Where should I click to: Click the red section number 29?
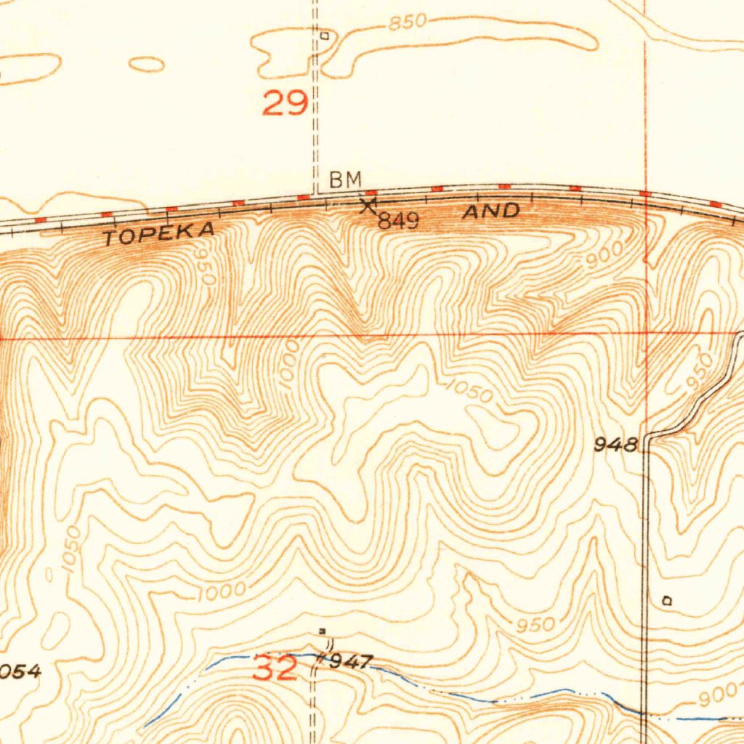[284, 103]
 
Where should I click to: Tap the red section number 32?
[275, 668]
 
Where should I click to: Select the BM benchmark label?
[344, 180]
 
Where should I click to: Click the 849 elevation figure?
[397, 222]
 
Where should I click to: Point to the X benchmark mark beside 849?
[368, 206]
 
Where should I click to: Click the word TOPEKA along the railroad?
[159, 235]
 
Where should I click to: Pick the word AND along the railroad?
[492, 212]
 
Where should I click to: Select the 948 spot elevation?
[615, 444]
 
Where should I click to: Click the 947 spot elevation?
[352, 662]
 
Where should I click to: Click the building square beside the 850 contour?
[325, 34]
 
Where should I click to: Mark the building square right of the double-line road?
[668, 601]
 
